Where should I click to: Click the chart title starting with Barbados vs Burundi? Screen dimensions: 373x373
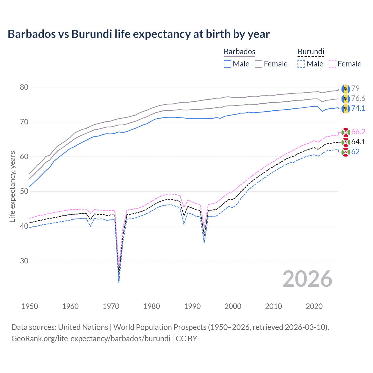[139, 34]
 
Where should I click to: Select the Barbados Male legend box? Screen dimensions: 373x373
[228, 64]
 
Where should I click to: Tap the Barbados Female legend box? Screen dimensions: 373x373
[258, 64]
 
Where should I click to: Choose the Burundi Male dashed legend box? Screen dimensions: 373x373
[301, 64]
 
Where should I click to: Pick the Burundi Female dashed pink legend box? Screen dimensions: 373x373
[332, 64]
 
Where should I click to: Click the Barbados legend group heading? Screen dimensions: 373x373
[240, 52]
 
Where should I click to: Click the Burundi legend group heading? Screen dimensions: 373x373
[311, 52]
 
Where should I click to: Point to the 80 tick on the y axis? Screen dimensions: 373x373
[24, 87]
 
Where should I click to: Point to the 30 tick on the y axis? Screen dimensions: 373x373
[24, 261]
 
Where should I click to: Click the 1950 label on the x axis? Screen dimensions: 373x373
[30, 306]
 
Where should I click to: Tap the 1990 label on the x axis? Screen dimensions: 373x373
[192, 306]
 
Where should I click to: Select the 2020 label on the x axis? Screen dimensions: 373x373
[314, 306]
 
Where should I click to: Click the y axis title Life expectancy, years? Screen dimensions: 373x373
[12, 186]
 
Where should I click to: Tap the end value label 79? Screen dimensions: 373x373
[355, 88]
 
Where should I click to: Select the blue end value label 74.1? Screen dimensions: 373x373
[358, 108]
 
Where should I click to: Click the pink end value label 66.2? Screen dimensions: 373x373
[358, 132]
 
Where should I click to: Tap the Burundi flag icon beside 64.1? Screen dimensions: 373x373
[346, 142]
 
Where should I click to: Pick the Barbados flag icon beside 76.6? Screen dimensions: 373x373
[346, 99]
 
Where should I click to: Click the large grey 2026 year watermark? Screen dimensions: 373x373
[307, 279]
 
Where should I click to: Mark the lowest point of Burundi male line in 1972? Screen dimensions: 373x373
[119, 283]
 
